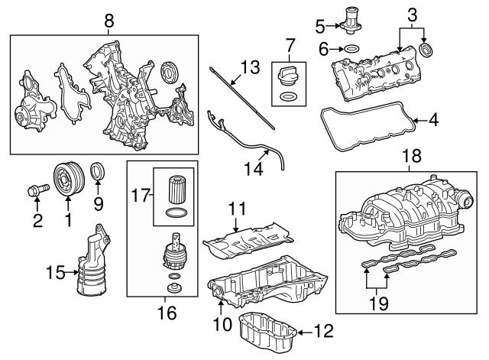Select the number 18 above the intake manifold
[x=411, y=157]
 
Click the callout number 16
[x=165, y=312]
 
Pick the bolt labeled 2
[x=37, y=186]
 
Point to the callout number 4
[x=432, y=119]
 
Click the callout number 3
[x=412, y=14]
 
